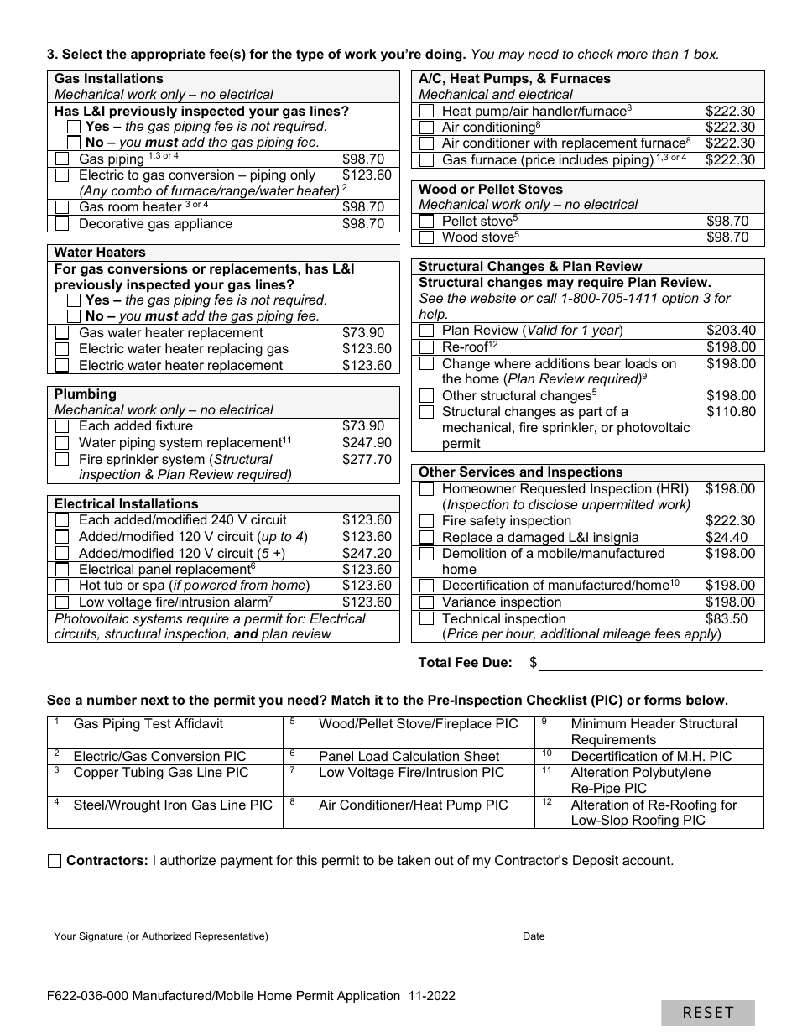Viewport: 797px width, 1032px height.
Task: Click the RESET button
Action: [x=707, y=1013]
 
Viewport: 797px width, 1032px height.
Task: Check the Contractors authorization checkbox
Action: [x=55, y=861]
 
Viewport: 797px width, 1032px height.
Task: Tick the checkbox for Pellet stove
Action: [x=426, y=222]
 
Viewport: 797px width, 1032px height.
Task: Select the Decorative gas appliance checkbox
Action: [x=62, y=224]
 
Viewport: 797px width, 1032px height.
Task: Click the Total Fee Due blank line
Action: [x=651, y=663]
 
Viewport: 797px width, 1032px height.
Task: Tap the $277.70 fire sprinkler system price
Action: [x=367, y=460]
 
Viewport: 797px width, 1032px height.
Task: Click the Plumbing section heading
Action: [x=86, y=394]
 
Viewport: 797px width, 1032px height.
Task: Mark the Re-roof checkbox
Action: [x=426, y=347]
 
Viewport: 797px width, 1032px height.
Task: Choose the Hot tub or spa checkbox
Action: [x=62, y=586]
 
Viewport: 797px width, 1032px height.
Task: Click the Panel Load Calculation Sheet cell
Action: [x=409, y=757]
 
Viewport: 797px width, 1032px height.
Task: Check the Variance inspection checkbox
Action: [x=426, y=602]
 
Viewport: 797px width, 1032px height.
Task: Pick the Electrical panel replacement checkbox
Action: [x=62, y=570]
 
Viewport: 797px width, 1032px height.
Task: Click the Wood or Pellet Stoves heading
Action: [x=491, y=190]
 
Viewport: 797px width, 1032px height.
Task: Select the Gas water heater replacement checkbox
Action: [x=62, y=333]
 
